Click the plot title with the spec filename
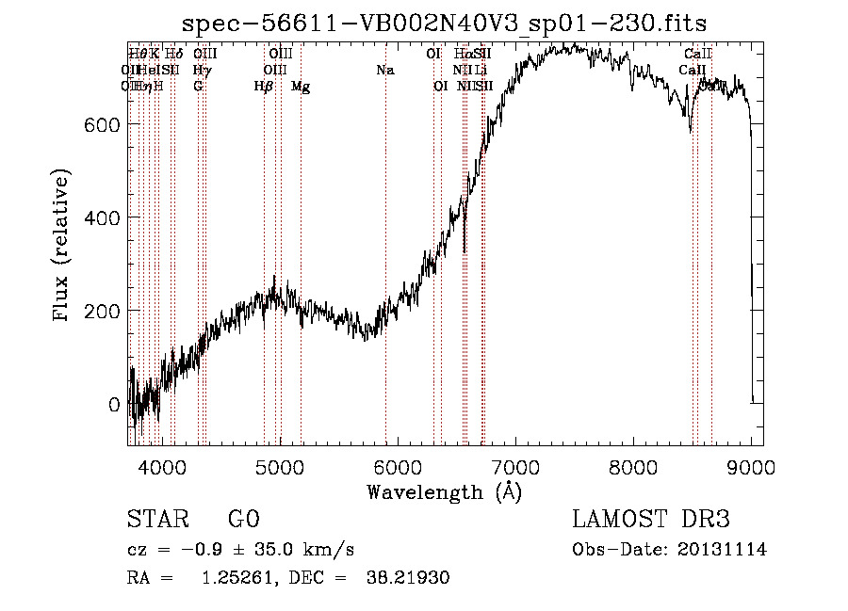(x=445, y=23)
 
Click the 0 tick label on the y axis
(x=115, y=405)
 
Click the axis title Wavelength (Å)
(x=445, y=491)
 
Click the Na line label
(x=384, y=70)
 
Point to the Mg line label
(x=301, y=87)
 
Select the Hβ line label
(x=264, y=87)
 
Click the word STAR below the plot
(x=156, y=520)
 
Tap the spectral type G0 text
(x=243, y=520)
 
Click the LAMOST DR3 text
(x=651, y=520)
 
